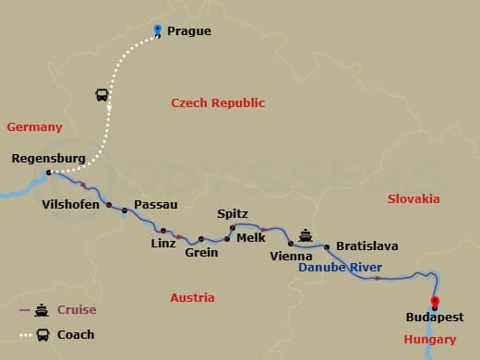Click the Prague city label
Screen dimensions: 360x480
pos(189,31)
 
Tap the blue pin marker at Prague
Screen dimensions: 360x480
pos(158,30)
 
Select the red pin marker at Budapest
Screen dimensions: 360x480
pos(435,302)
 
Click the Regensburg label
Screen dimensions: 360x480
pos(48,159)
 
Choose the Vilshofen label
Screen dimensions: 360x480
pos(71,204)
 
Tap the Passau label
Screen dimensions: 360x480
pos(156,204)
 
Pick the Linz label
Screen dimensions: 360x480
pos(162,244)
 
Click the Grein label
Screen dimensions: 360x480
pos(201,252)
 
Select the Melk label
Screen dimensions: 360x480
pos(251,237)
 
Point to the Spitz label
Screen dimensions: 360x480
pos(233,214)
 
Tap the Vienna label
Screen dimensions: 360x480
pos(291,256)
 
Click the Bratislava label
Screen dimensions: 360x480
pos(367,246)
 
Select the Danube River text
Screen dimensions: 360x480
pos(341,268)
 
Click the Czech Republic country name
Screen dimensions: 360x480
pos(218,103)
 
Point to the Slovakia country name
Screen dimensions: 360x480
pos(414,199)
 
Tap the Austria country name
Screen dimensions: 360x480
pos(192,298)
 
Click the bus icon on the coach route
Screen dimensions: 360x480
pos(102,95)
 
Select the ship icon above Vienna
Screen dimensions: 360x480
pos(306,233)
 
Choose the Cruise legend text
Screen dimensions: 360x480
pos(77,310)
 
